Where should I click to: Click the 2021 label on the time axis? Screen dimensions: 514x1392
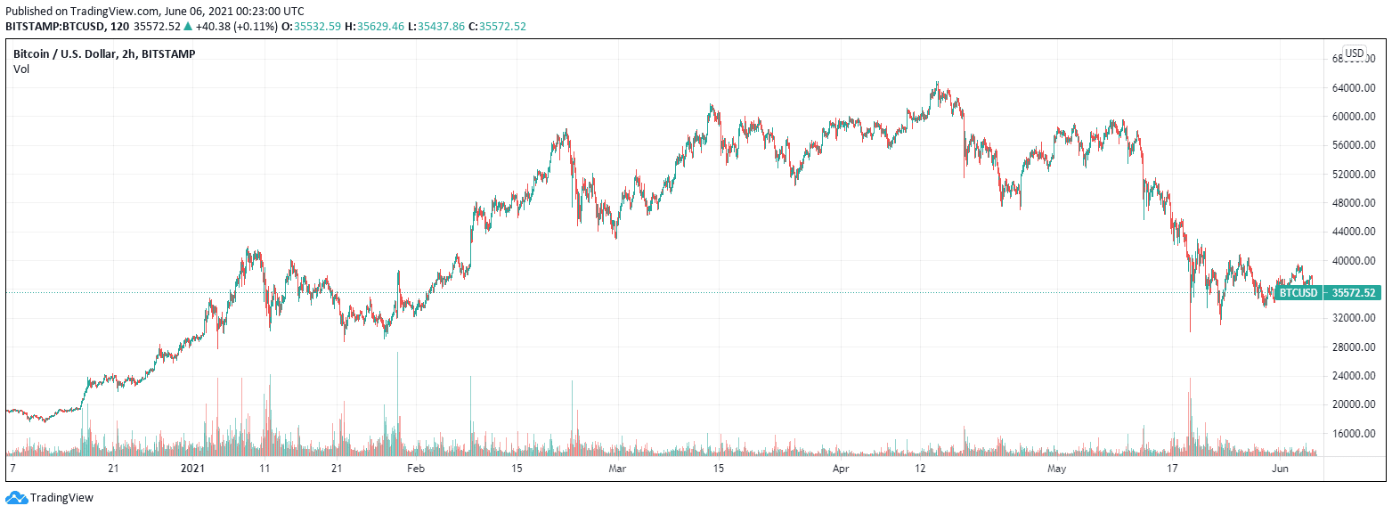(x=193, y=468)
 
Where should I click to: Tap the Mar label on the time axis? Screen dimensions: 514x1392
(x=616, y=468)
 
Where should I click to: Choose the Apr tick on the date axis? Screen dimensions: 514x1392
(x=840, y=468)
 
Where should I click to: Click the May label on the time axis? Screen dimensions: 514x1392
(x=1057, y=468)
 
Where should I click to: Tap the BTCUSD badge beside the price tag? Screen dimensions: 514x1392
(x=1298, y=292)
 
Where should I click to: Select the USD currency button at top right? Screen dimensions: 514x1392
(x=1355, y=53)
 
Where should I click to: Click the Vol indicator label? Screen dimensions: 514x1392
(x=20, y=69)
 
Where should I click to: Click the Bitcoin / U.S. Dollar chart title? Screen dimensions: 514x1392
(x=104, y=53)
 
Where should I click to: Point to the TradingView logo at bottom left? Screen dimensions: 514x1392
(x=50, y=498)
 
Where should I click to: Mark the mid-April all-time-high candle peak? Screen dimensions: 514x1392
(x=936, y=82)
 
